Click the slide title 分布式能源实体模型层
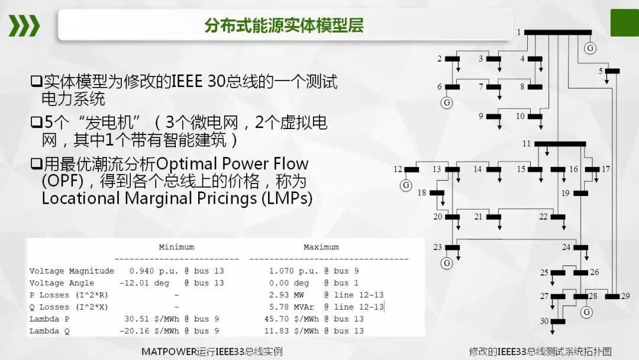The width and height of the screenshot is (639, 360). pyautogui.click(x=284, y=25)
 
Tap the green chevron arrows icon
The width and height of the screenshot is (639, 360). pyautogui.click(x=24, y=25)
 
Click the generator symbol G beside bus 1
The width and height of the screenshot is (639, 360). pyautogui.click(x=589, y=47)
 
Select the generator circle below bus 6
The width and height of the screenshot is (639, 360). pyautogui.click(x=447, y=102)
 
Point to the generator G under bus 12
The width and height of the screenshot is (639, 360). pyautogui.click(x=406, y=185)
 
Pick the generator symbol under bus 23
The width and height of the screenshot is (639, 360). pyautogui.click(x=447, y=262)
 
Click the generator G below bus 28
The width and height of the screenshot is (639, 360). pyautogui.click(x=586, y=312)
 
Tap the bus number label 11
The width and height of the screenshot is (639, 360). pyautogui.click(x=527, y=144)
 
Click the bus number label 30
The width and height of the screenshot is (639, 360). pyautogui.click(x=544, y=321)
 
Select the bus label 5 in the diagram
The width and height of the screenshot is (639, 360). pyautogui.click(x=601, y=71)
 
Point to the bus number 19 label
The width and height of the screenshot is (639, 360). pyautogui.click(x=566, y=193)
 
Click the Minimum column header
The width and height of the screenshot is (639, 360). pyautogui.click(x=176, y=247)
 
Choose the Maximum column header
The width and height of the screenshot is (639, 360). pyautogui.click(x=321, y=247)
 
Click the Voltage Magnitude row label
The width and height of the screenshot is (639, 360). pyautogui.click(x=72, y=271)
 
